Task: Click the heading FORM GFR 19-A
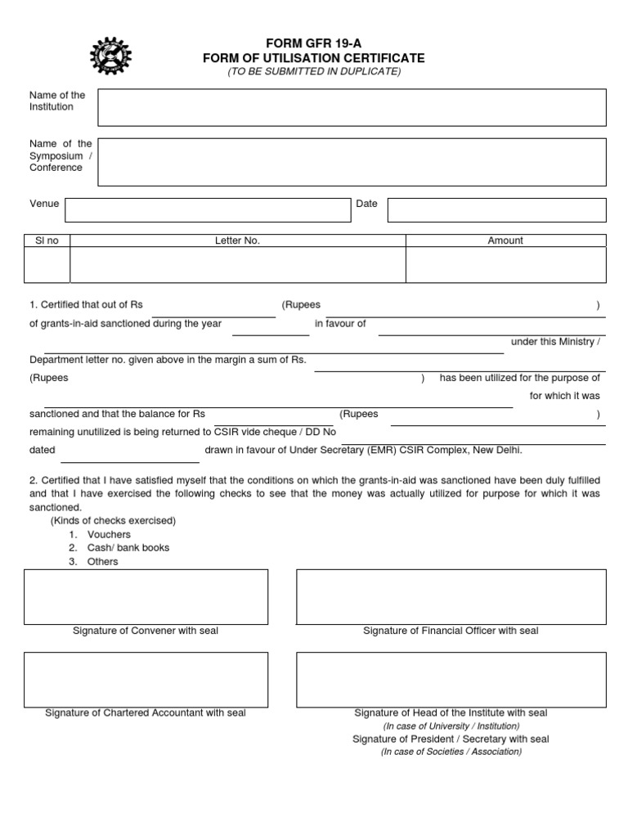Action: click(x=314, y=43)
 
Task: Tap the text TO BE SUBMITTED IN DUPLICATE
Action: click(x=314, y=72)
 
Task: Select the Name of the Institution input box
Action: click(x=352, y=107)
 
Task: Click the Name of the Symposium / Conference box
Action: click(x=352, y=161)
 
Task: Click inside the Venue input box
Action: click(x=208, y=209)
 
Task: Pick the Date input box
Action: click(x=496, y=209)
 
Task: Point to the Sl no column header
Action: click(x=47, y=240)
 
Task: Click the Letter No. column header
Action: click(x=237, y=240)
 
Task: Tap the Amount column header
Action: click(x=505, y=240)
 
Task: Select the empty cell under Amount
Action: click(x=505, y=265)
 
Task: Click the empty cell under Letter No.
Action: click(x=237, y=265)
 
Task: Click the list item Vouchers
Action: click(x=109, y=534)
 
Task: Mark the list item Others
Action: click(x=103, y=562)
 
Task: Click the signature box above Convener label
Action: click(x=146, y=596)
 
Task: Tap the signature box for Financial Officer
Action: click(x=451, y=596)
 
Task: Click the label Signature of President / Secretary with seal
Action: click(x=451, y=739)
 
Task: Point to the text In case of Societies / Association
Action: click(x=451, y=752)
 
